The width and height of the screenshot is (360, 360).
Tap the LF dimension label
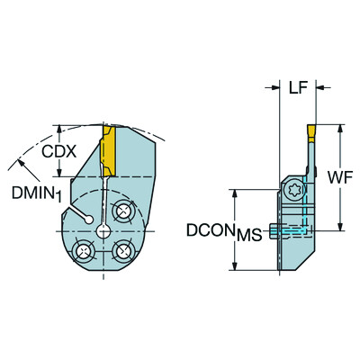(298, 88)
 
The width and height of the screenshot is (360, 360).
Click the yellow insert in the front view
(106, 153)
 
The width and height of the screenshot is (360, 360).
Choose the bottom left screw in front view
(83, 251)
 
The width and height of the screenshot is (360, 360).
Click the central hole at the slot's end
(103, 231)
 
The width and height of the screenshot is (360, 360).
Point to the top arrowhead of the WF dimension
(340, 127)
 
